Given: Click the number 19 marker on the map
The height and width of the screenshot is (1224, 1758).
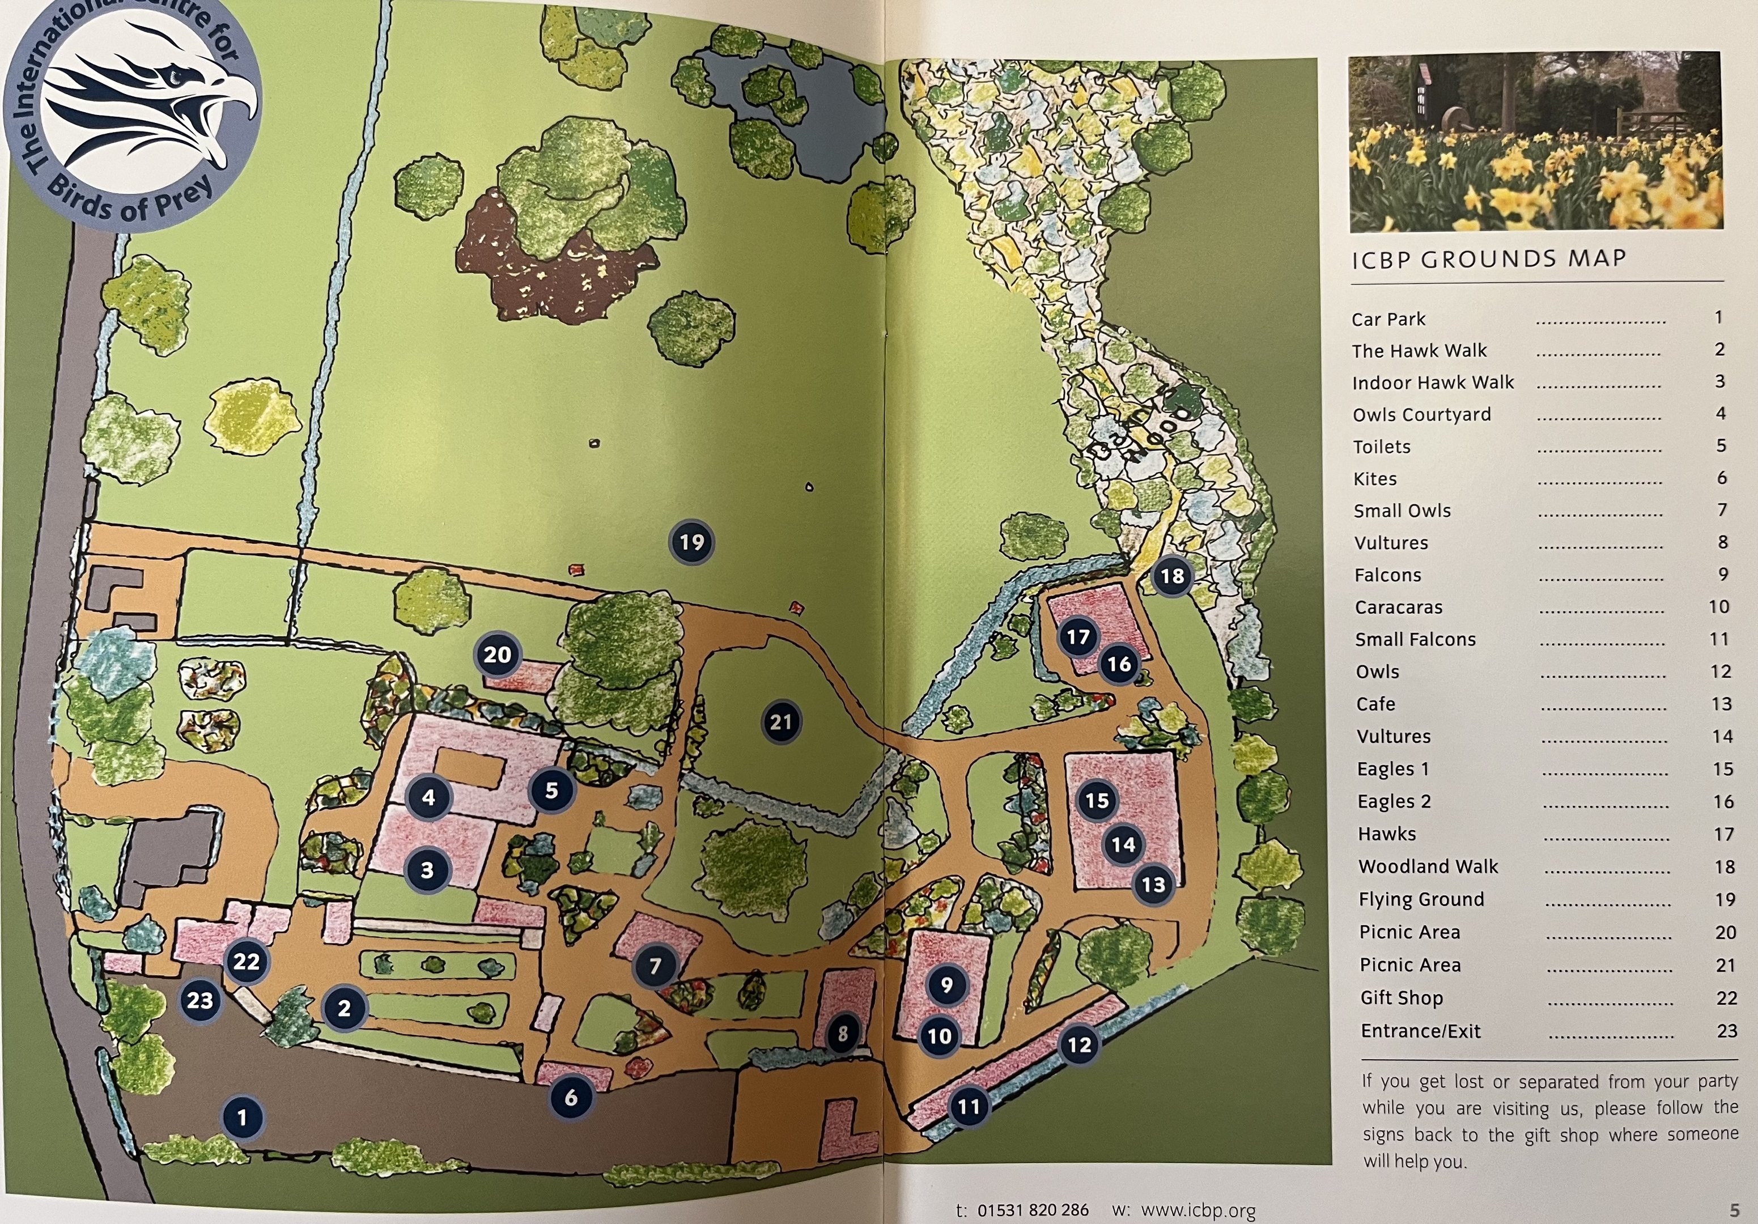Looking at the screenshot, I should pyautogui.click(x=691, y=542).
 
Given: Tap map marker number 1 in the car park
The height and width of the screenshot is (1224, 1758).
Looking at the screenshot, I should pyautogui.click(x=242, y=1117).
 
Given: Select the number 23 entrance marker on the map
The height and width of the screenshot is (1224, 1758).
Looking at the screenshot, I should pyautogui.click(x=200, y=1000).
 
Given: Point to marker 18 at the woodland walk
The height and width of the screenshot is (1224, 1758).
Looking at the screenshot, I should pyautogui.click(x=1172, y=576).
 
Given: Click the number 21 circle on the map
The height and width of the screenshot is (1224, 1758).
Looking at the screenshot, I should pyautogui.click(x=781, y=721).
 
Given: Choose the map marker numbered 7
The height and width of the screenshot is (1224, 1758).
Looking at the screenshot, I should pyautogui.click(x=655, y=966).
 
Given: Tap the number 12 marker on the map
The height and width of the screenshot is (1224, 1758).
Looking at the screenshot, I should pyautogui.click(x=1079, y=1044).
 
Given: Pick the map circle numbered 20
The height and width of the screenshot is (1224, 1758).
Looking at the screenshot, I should pyautogui.click(x=497, y=654).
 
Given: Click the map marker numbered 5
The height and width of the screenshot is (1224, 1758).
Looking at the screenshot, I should pyautogui.click(x=551, y=790).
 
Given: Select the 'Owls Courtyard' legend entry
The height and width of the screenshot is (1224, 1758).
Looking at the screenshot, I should pyautogui.click(x=1422, y=414).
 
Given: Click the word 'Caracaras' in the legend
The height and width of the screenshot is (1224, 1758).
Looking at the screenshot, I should pyautogui.click(x=1398, y=607).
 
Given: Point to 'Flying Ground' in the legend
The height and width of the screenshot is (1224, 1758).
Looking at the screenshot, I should pyautogui.click(x=1421, y=899).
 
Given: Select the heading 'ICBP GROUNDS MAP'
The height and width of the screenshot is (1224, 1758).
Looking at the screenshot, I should pyautogui.click(x=1488, y=259).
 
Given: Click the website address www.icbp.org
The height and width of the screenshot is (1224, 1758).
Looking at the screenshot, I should pyautogui.click(x=1198, y=1210).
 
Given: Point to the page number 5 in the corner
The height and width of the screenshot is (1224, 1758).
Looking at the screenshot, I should pyautogui.click(x=1734, y=1210).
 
